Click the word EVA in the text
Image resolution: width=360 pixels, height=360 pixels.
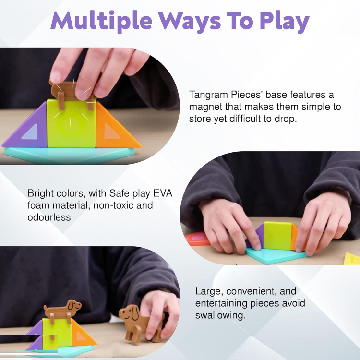click(x=163, y=193)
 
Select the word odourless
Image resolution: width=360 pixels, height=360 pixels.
click(x=49, y=217)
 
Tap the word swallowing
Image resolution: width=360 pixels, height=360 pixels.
click(x=220, y=315)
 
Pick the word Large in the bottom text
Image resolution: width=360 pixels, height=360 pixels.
click(x=209, y=291)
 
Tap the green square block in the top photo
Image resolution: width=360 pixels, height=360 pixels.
click(x=72, y=124)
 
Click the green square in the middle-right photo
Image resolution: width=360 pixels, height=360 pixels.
click(x=277, y=236)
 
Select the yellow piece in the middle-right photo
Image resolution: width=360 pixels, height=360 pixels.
click(x=352, y=259)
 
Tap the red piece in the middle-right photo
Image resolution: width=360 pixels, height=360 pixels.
click(x=197, y=239)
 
